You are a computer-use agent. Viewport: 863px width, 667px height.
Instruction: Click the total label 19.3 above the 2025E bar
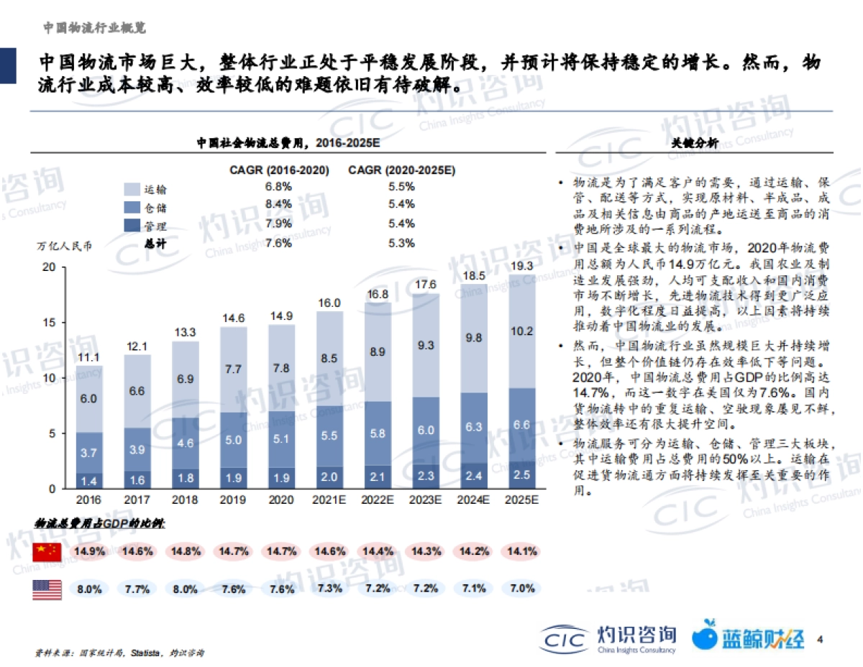pyautogui.click(x=522, y=265)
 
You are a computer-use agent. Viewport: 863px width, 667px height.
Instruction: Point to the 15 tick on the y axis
pyautogui.click(x=49, y=322)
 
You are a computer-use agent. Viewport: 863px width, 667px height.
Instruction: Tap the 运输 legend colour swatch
pyautogui.click(x=132, y=189)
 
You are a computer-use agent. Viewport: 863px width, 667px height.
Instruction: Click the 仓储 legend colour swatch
pyautogui.click(x=132, y=207)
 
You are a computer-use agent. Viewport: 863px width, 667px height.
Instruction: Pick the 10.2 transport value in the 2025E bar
pyautogui.click(x=522, y=331)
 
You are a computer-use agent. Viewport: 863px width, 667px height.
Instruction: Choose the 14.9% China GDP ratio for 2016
pyautogui.click(x=89, y=551)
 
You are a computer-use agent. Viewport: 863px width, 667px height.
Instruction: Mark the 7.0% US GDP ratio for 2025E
pyautogui.click(x=522, y=588)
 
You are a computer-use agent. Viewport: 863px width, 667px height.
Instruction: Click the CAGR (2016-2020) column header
pyautogui.click(x=279, y=170)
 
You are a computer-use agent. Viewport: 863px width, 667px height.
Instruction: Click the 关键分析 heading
pyautogui.click(x=694, y=143)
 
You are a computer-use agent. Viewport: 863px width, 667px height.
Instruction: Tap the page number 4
pyautogui.click(x=819, y=638)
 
